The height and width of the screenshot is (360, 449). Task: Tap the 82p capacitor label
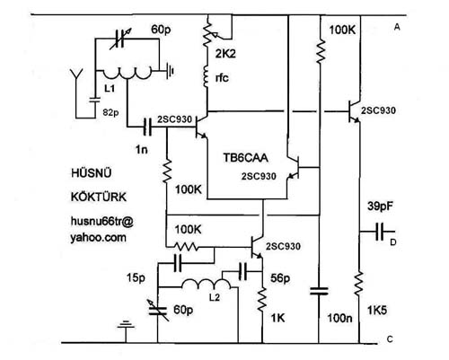110,113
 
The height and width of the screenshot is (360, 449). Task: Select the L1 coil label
110,89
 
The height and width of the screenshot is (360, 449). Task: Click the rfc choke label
222,78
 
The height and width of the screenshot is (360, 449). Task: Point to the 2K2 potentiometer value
225,54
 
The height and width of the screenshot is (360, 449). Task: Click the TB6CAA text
245,158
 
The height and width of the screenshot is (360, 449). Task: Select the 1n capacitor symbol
147,127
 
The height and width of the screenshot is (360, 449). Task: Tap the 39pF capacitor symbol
380,232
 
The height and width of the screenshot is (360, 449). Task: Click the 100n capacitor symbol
319,291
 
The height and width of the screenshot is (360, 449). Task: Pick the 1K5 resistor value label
377,311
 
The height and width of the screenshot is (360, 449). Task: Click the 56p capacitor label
280,278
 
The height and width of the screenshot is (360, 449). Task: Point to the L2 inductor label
215,297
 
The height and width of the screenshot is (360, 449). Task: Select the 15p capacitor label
136,278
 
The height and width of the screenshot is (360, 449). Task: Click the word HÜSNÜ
92,172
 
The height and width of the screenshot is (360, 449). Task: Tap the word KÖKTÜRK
99,197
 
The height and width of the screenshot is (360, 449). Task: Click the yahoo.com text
98,238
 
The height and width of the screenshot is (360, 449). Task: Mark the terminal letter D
393,242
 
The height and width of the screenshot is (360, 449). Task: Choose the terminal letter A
397,27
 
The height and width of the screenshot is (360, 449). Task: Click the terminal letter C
390,339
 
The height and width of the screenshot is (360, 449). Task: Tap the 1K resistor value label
277,318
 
